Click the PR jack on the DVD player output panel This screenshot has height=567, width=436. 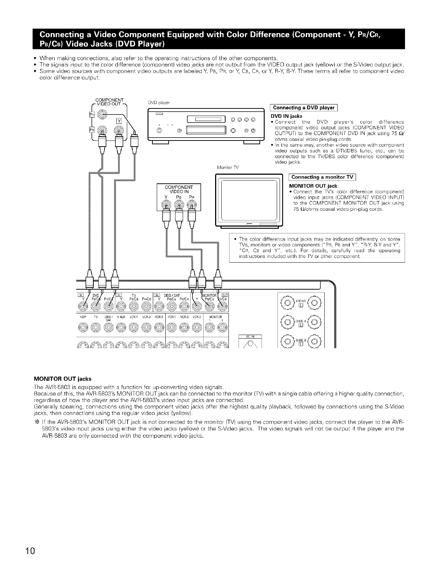(x=103, y=115)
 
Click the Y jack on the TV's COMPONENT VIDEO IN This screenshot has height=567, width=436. (x=166, y=205)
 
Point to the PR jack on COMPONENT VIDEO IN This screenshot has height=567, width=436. (x=192, y=205)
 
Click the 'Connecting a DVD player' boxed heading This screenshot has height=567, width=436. (x=303, y=108)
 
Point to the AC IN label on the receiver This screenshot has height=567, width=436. (x=250, y=336)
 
